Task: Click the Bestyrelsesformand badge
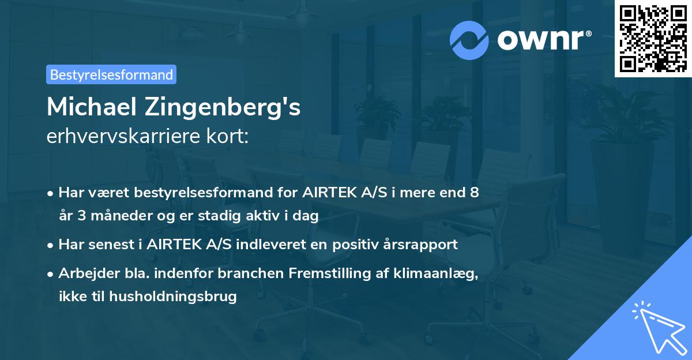111,74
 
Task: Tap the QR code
652,38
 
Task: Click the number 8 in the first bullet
474,192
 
